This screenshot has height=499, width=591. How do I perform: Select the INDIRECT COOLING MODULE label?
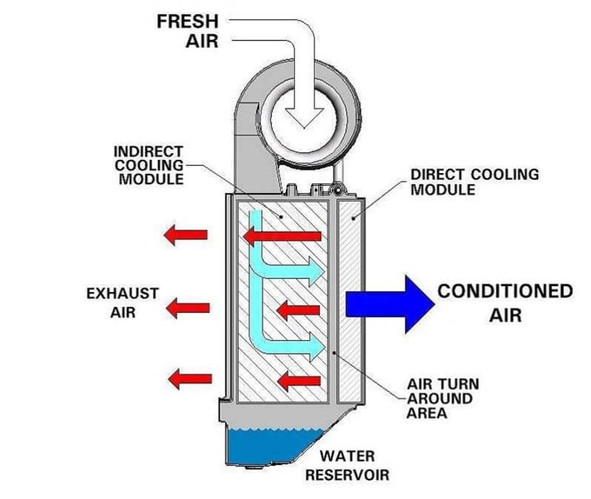tap(149, 165)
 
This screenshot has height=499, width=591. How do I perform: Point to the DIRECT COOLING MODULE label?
tap(474, 182)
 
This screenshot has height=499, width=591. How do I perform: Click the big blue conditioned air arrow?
tap(388, 303)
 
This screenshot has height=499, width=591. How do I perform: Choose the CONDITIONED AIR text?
tap(505, 302)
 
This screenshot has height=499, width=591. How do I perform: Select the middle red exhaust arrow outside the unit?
tap(188, 307)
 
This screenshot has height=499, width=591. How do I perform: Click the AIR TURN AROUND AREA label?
tap(442, 398)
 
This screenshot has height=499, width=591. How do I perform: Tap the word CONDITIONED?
tap(505, 290)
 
